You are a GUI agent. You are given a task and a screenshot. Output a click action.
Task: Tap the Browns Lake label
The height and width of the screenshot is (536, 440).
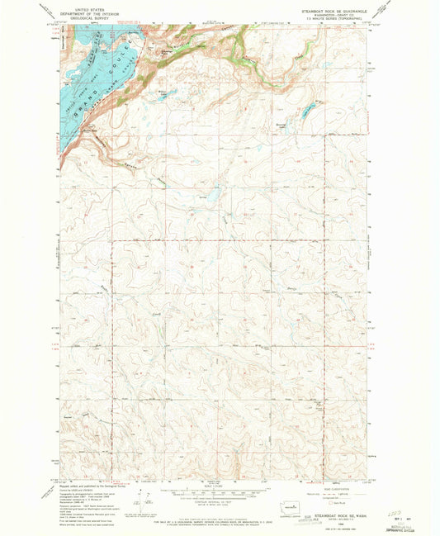[283, 125]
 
